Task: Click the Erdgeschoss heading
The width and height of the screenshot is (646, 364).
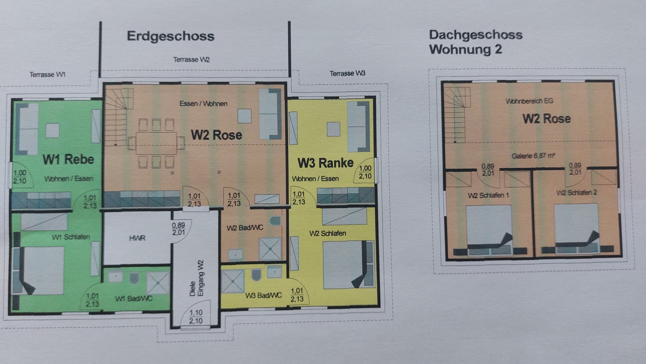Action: pos(171,36)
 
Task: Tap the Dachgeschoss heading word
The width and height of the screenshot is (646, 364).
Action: pos(475,35)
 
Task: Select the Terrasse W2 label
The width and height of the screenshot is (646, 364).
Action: pos(192,60)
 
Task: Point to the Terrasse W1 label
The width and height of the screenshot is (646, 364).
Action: pos(47,75)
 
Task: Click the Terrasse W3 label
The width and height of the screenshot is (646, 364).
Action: pos(348,74)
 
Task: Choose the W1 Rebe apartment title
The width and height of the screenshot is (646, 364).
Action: pos(68,159)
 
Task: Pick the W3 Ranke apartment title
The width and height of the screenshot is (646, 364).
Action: pos(325,163)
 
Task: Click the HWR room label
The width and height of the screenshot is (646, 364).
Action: pos(137,238)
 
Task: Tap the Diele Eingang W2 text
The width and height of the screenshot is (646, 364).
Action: pos(197,278)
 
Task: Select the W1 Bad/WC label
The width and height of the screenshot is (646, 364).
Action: pos(134,299)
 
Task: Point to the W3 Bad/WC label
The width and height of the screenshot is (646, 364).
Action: pos(263,296)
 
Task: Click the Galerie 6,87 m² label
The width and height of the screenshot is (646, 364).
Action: pos(533,156)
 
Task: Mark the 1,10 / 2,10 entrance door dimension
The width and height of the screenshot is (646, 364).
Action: pos(196,317)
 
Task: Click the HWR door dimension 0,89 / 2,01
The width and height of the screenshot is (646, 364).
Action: pos(178,229)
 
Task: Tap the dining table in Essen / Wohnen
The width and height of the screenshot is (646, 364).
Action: pos(156,143)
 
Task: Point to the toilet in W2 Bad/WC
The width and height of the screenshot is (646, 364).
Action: pos(275,221)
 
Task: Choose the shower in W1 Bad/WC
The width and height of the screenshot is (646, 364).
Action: pos(158,283)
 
